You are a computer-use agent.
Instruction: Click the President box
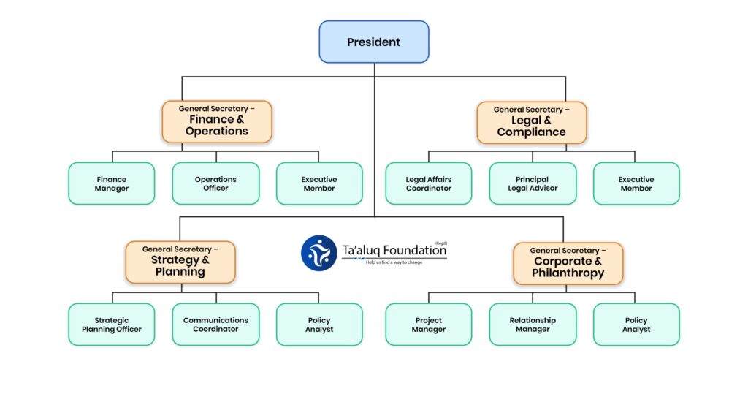point(373,42)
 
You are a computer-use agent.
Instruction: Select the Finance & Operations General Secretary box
point(217,121)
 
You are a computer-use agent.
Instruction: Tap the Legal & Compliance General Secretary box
point(531,122)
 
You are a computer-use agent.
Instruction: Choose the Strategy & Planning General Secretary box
point(180,262)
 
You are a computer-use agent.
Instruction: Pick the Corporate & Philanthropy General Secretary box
point(568,263)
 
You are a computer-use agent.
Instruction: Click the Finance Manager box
point(112,183)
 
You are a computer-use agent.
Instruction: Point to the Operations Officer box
point(215,183)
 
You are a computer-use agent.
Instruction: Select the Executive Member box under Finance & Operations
point(319,183)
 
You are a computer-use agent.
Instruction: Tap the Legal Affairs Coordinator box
point(429,183)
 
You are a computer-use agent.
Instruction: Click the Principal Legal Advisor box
point(533,183)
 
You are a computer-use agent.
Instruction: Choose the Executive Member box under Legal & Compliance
point(636,183)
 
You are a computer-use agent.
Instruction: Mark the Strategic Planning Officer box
point(112,325)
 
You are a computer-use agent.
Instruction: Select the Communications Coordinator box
point(215,325)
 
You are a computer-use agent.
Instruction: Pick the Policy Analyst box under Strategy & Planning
point(319,325)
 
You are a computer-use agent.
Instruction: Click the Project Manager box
point(429,325)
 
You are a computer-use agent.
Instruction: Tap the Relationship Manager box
point(533,325)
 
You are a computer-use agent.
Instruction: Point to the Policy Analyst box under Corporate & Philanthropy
point(636,325)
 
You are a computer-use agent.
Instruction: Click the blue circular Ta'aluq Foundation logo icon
point(319,253)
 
